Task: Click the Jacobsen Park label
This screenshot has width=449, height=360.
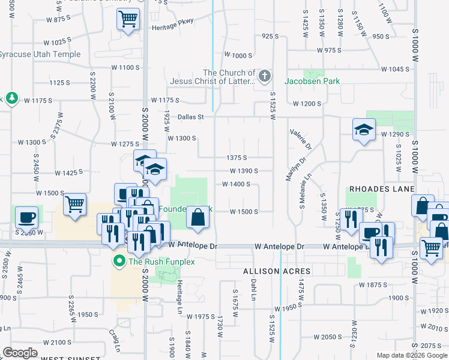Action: click(x=312, y=81)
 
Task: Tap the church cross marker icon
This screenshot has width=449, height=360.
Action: click(x=265, y=77)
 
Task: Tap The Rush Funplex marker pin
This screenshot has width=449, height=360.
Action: click(x=119, y=261)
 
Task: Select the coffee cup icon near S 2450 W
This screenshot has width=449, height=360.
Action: click(x=26, y=217)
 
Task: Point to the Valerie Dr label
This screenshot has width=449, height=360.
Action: click(x=301, y=139)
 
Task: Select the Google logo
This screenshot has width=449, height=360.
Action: click(x=20, y=353)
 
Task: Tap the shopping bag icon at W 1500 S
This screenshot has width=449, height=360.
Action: click(x=197, y=218)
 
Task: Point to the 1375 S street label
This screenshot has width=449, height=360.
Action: click(x=237, y=157)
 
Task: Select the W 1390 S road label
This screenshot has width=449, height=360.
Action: click(x=243, y=170)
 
